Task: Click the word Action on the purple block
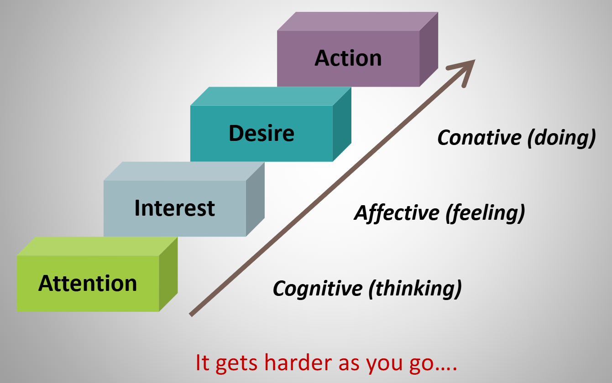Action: [348, 59]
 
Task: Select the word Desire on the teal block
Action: [262, 133]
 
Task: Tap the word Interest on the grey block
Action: [174, 208]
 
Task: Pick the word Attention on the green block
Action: [88, 283]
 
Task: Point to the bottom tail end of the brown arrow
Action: [192, 314]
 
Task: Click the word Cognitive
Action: [317, 288]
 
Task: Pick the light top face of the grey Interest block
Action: [184, 171]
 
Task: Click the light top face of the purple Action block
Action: [357, 21]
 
